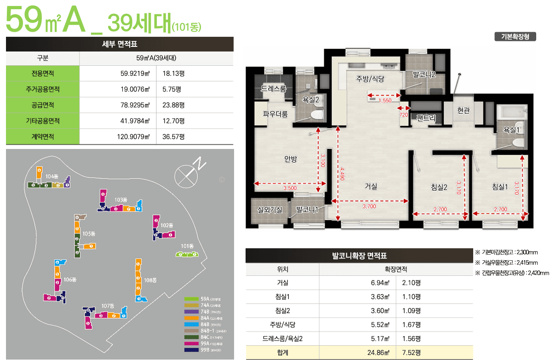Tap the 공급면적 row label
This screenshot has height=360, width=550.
[x=43, y=105]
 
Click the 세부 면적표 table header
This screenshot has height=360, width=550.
[x=120, y=44]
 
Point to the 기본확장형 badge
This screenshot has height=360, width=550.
[x=515, y=37]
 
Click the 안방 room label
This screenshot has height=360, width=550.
[x=291, y=159]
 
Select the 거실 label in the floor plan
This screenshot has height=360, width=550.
[x=371, y=186]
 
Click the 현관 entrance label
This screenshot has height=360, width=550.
[x=464, y=110]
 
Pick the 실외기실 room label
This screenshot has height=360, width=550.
[x=269, y=210]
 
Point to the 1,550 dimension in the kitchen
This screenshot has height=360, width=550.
[x=385, y=100]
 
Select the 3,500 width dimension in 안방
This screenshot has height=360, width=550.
[x=290, y=188]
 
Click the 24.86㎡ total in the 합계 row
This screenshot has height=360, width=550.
[x=380, y=353]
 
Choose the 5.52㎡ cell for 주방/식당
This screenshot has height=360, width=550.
[x=380, y=325]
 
